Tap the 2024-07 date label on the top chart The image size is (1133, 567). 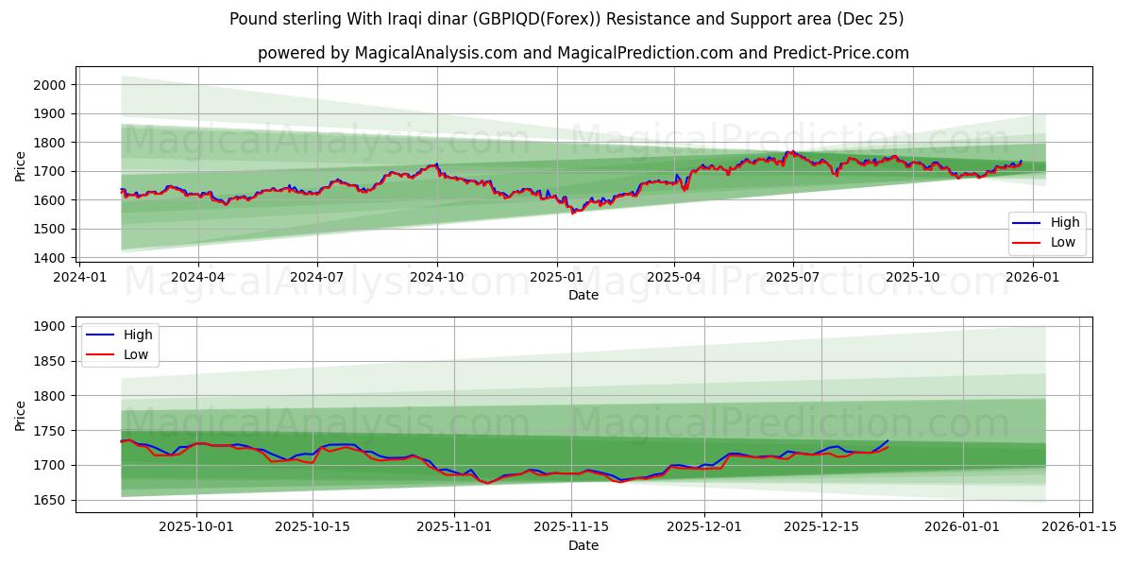click(x=316, y=278)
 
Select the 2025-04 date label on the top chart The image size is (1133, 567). click(x=674, y=278)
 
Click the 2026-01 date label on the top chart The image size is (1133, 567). click(x=1033, y=278)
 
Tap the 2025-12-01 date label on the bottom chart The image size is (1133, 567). click(x=704, y=527)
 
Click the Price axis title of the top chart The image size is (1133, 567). click(x=21, y=166)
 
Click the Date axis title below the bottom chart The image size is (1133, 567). click(x=583, y=545)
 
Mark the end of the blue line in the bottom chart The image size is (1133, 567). click(x=888, y=440)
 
